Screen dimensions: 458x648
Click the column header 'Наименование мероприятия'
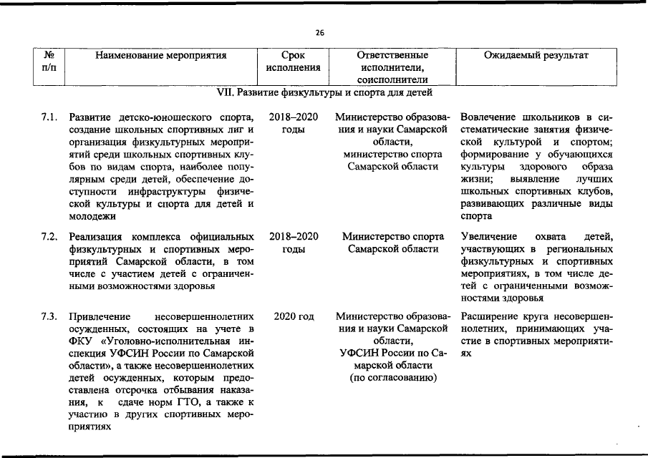[161, 55]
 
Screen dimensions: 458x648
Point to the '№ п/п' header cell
[49, 62]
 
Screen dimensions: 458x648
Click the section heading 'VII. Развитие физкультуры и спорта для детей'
[324, 93]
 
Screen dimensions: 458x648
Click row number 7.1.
[49, 117]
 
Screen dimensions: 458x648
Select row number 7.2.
[49, 236]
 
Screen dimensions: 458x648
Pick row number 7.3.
[49, 317]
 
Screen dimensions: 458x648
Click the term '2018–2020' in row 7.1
[294, 117]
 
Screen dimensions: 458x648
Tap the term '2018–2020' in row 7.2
[294, 236]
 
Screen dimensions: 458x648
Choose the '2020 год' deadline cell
[294, 317]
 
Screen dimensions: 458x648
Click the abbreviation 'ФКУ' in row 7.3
[81, 341]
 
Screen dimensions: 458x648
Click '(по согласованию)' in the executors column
[392, 377]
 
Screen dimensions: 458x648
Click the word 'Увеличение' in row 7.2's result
[490, 236]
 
